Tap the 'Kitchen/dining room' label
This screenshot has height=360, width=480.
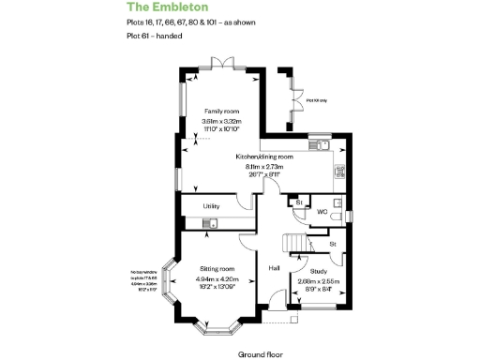click(x=265, y=157)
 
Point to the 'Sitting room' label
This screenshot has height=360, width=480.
click(x=216, y=268)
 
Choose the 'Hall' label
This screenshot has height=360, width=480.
click(x=275, y=268)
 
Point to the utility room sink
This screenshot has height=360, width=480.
click(x=212, y=222)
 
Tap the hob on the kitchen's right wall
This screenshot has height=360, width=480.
click(x=340, y=172)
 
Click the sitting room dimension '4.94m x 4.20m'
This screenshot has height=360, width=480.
click(x=217, y=278)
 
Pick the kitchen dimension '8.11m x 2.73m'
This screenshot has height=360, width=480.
click(x=265, y=166)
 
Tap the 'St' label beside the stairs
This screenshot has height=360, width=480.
click(x=332, y=244)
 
